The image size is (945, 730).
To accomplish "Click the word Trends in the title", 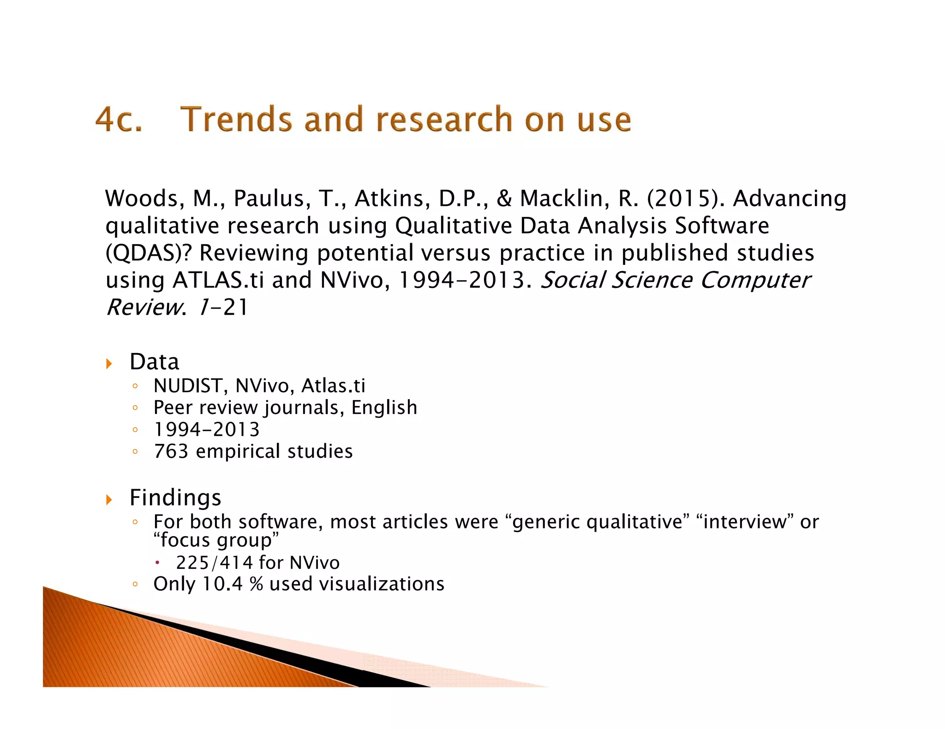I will (x=236, y=120).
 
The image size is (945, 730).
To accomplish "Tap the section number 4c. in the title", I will (x=119, y=120).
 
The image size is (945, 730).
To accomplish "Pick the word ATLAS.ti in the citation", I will (x=218, y=281).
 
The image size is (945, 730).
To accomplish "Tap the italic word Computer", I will (x=755, y=281).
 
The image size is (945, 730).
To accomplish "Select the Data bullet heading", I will (x=154, y=362).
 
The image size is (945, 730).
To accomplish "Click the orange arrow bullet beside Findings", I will (x=109, y=499).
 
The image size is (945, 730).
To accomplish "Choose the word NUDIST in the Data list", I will (x=188, y=386).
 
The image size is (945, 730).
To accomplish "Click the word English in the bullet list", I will (x=384, y=408).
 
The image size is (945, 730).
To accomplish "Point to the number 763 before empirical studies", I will (x=171, y=451).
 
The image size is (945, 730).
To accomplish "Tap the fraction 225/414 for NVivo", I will (x=215, y=563).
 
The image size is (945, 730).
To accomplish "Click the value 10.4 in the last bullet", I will (x=222, y=584).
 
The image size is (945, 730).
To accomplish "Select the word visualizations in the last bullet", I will (x=382, y=584).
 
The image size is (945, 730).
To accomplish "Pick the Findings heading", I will (x=175, y=498).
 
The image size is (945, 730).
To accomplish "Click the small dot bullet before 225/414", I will (x=157, y=562).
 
